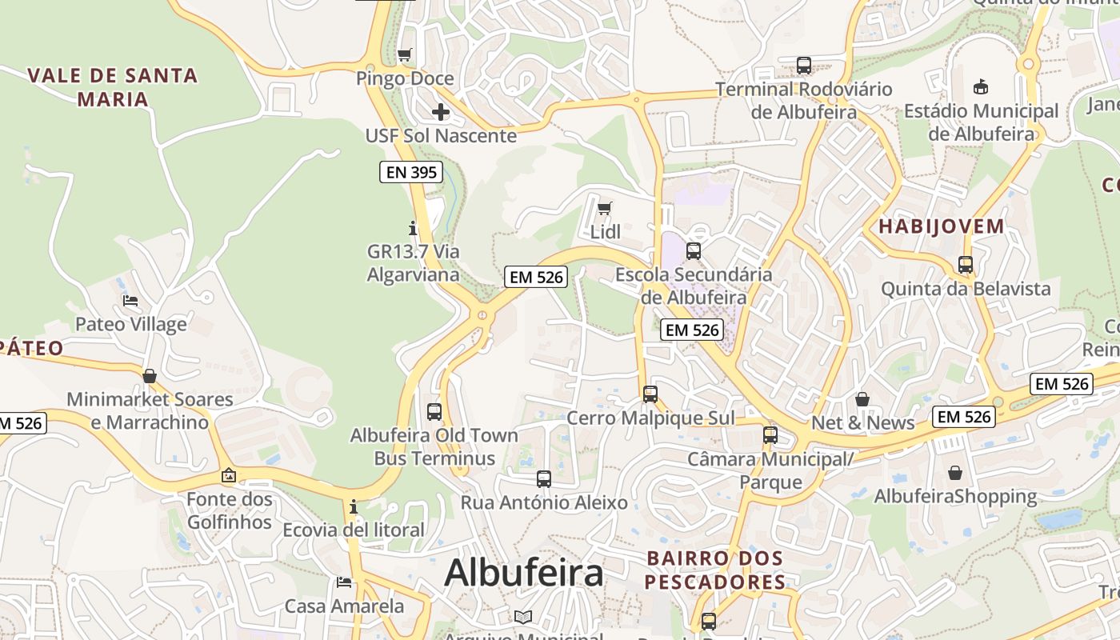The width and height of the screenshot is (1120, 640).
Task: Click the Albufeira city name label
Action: click(524, 573)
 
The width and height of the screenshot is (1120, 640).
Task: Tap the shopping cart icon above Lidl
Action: click(605, 209)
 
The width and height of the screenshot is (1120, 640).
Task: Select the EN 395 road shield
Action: click(411, 171)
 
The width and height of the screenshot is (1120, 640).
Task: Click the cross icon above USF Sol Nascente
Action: click(441, 112)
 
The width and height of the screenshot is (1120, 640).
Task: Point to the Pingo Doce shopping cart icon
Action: click(405, 55)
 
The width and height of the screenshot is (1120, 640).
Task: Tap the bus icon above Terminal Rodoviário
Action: click(804, 66)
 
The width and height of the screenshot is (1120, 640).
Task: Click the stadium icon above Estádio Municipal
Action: click(981, 86)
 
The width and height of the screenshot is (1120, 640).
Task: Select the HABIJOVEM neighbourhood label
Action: click(942, 226)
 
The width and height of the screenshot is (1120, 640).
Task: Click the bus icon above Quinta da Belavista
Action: click(966, 265)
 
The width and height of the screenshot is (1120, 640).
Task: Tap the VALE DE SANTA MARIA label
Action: click(113, 87)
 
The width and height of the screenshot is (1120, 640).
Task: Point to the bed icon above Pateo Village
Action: click(130, 301)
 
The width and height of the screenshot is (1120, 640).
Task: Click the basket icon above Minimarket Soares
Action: click(150, 376)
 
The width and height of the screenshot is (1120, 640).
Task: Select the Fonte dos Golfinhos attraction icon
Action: click(229, 475)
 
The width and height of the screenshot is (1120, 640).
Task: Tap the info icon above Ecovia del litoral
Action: click(353, 507)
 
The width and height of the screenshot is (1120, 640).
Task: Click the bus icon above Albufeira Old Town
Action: click(434, 412)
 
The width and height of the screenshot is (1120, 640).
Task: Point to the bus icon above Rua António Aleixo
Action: click(544, 479)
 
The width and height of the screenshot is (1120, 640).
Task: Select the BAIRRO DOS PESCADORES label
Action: click(715, 570)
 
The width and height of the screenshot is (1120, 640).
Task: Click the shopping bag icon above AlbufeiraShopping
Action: click(955, 473)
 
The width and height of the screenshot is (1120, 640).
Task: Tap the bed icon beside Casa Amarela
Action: click(344, 582)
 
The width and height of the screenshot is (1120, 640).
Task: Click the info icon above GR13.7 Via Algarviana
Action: click(413, 228)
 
